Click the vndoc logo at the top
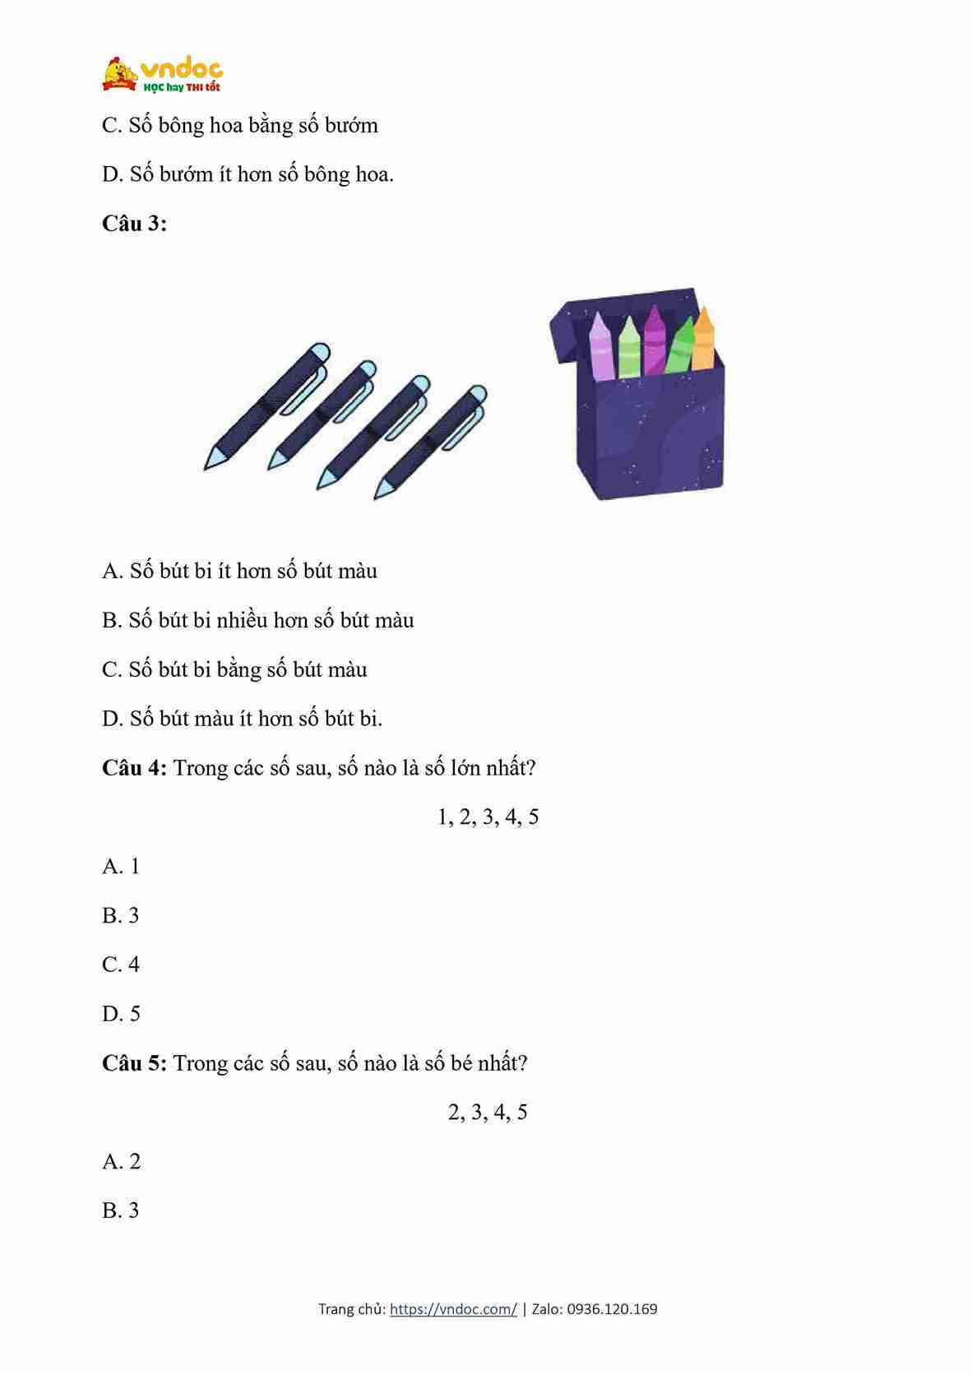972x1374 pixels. [162, 74]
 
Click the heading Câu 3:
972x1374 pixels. [134, 224]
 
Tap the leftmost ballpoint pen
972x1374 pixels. [267, 405]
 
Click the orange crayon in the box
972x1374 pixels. [703, 339]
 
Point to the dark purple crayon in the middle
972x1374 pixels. [654, 340]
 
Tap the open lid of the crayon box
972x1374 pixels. [576, 325]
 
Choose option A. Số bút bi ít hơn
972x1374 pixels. [239, 571]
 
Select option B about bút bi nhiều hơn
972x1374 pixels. [257, 620]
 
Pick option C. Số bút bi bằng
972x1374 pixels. [234, 669]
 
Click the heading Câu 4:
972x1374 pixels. [134, 768]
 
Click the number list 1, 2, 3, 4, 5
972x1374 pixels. [488, 817]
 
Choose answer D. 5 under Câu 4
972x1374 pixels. [121, 1013]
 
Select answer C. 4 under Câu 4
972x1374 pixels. [121, 964]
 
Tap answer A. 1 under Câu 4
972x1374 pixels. [121, 866]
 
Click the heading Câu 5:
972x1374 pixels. [134, 1063]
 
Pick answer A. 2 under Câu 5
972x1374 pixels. [121, 1161]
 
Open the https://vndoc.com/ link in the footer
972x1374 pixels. [453, 1309]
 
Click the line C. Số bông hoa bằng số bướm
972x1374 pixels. [239, 126]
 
